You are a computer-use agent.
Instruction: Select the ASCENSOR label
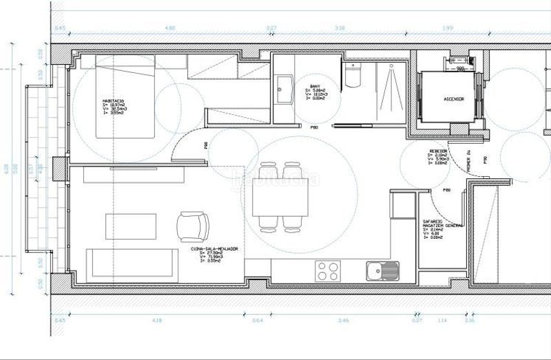(x=453, y=99)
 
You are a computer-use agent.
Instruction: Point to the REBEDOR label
(x=438, y=150)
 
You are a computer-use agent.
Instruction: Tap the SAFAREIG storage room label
(x=433, y=222)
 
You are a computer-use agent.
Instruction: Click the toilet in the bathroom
(x=352, y=78)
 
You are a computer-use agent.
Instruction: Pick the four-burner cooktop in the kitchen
(x=326, y=271)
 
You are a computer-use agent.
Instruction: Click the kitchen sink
(x=382, y=271)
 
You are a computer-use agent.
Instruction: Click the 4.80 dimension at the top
(x=171, y=28)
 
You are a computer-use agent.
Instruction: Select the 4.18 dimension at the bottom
(x=158, y=320)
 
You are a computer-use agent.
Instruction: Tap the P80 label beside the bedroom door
(x=206, y=145)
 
